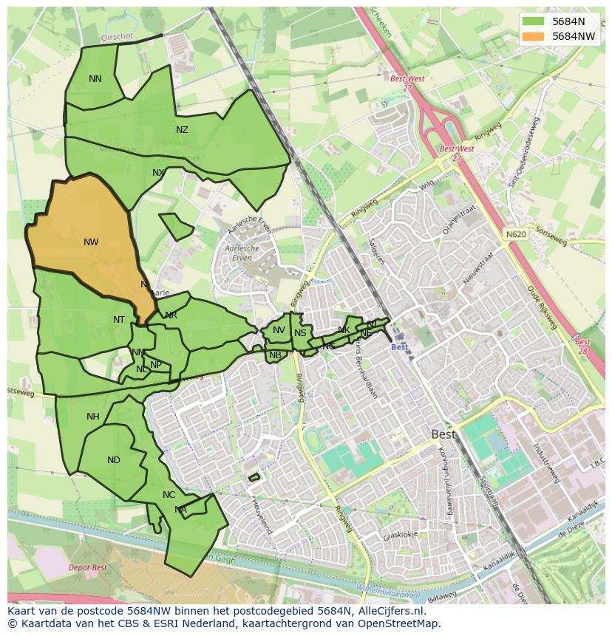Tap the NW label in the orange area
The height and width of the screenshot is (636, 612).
click(91, 242)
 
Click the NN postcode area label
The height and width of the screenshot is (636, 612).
click(95, 79)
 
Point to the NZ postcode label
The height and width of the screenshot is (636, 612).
click(182, 130)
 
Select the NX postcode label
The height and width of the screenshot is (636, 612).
click(158, 173)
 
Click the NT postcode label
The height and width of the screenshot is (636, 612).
click(119, 320)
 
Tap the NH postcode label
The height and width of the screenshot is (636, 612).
click(92, 417)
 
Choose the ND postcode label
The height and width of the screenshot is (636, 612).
click(113, 460)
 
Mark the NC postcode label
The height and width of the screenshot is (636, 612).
click(169, 495)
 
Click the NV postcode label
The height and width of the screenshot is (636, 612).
click(279, 330)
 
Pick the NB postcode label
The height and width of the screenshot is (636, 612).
click(275, 355)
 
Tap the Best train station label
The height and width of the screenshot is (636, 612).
click(399, 347)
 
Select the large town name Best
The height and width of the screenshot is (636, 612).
click(444, 435)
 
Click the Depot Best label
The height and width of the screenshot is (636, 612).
click(87, 567)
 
